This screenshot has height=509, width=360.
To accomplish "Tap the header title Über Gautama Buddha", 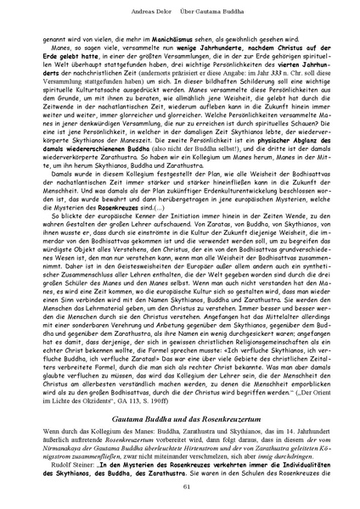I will (x=217, y=9).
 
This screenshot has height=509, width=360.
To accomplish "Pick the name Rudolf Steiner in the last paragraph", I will (x=69, y=448).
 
